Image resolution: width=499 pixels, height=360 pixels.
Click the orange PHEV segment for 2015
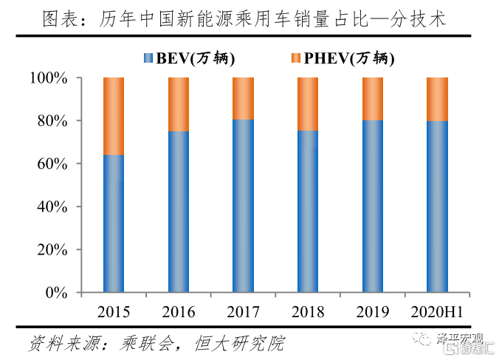coord(113,116)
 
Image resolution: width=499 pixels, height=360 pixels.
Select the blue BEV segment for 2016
coord(178,212)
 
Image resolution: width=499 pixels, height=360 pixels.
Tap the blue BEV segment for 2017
coord(243,206)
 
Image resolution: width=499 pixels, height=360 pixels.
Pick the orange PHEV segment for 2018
coord(308,104)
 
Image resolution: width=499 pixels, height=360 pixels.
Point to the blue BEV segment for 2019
coord(373,207)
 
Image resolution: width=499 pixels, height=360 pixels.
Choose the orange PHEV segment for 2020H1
coord(438,99)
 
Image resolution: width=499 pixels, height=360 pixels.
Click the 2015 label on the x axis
coord(113,311)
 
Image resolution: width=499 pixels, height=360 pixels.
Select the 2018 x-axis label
coord(308,311)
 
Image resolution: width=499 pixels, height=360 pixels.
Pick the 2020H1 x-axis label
coord(438,311)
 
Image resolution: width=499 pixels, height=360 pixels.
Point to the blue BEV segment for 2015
coord(113,224)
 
